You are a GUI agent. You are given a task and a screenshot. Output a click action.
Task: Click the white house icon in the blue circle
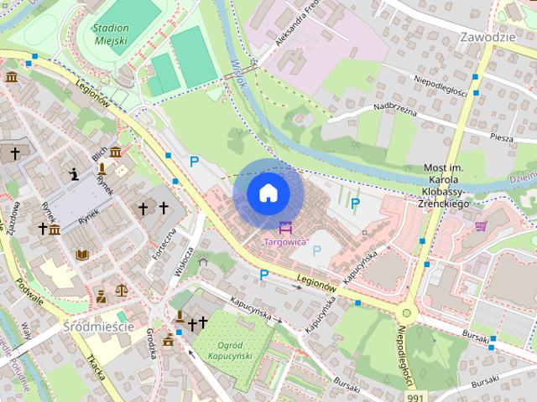pyautogui.click(x=268, y=193)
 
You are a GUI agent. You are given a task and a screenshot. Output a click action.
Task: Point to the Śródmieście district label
pyautogui.click(x=98, y=326)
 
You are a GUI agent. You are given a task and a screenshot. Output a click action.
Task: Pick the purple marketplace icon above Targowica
pyautogui.click(x=286, y=227)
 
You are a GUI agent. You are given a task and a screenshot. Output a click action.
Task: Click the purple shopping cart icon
pyautogui.click(x=481, y=225)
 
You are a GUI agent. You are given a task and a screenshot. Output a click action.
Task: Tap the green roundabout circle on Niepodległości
pyautogui.click(x=407, y=313)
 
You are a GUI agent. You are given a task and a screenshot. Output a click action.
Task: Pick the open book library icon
pyautogui.click(x=82, y=255)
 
